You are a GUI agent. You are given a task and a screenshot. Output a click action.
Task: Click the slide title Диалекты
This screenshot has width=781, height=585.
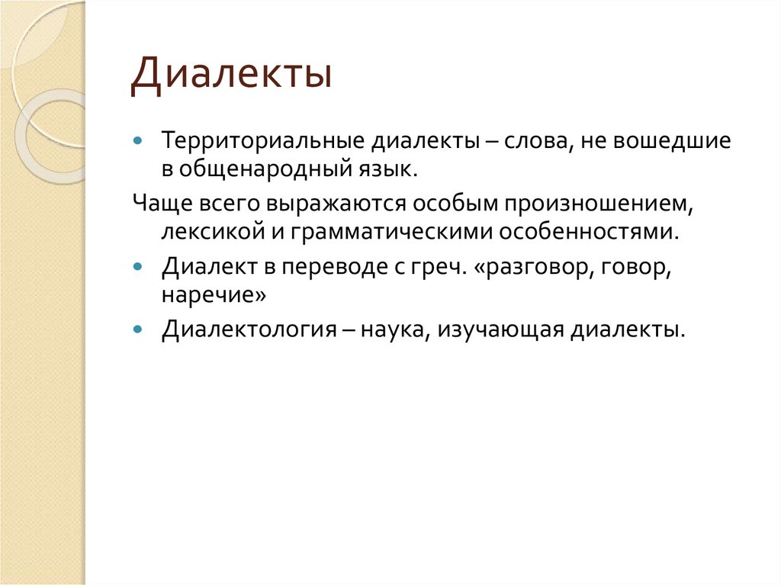(230, 78)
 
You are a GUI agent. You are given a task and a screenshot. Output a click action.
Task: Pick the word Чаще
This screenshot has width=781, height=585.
(156, 204)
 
